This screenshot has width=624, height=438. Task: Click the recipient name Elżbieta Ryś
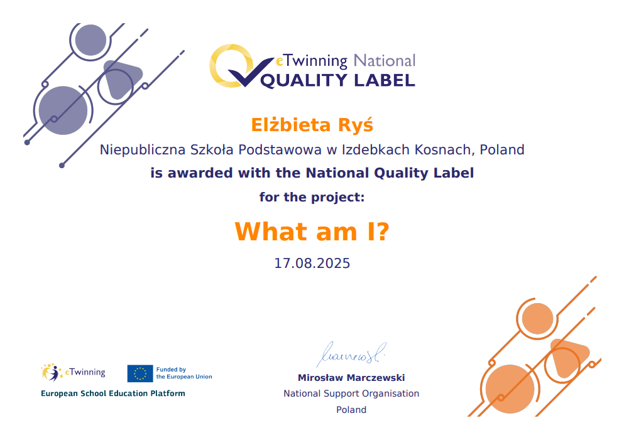(312, 125)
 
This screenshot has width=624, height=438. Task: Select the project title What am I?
(312, 232)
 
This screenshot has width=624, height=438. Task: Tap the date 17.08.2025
(312, 263)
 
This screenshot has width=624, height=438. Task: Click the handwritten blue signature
(352, 354)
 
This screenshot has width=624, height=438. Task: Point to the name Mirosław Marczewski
(351, 378)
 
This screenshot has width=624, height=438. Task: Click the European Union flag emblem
(140, 373)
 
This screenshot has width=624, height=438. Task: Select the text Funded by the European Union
(184, 373)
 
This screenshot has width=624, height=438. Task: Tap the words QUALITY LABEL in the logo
(337, 81)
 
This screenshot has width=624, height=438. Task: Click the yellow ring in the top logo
(217, 66)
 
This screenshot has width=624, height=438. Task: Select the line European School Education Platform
(113, 393)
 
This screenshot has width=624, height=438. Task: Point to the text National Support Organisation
(351, 393)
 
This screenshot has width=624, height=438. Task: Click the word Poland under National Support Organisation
(351, 410)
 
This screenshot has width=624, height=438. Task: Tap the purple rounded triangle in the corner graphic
(121, 78)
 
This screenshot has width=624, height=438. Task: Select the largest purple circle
(63, 110)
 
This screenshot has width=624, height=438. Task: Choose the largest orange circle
(510, 389)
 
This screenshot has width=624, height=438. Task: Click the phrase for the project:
(312, 197)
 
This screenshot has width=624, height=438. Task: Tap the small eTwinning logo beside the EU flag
(74, 372)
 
